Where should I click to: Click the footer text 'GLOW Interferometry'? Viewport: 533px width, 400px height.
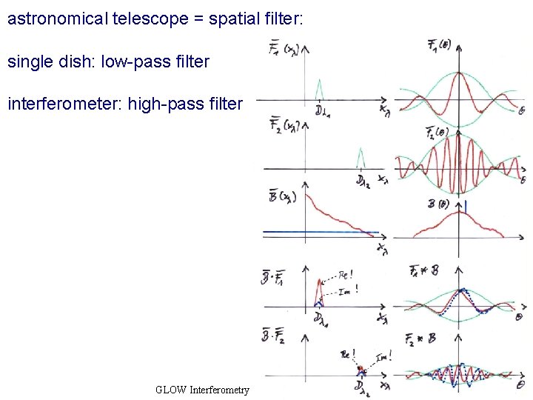click(203, 390)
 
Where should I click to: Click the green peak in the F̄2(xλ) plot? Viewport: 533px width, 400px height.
click(361, 157)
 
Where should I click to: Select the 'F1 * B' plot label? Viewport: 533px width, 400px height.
click(423, 271)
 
